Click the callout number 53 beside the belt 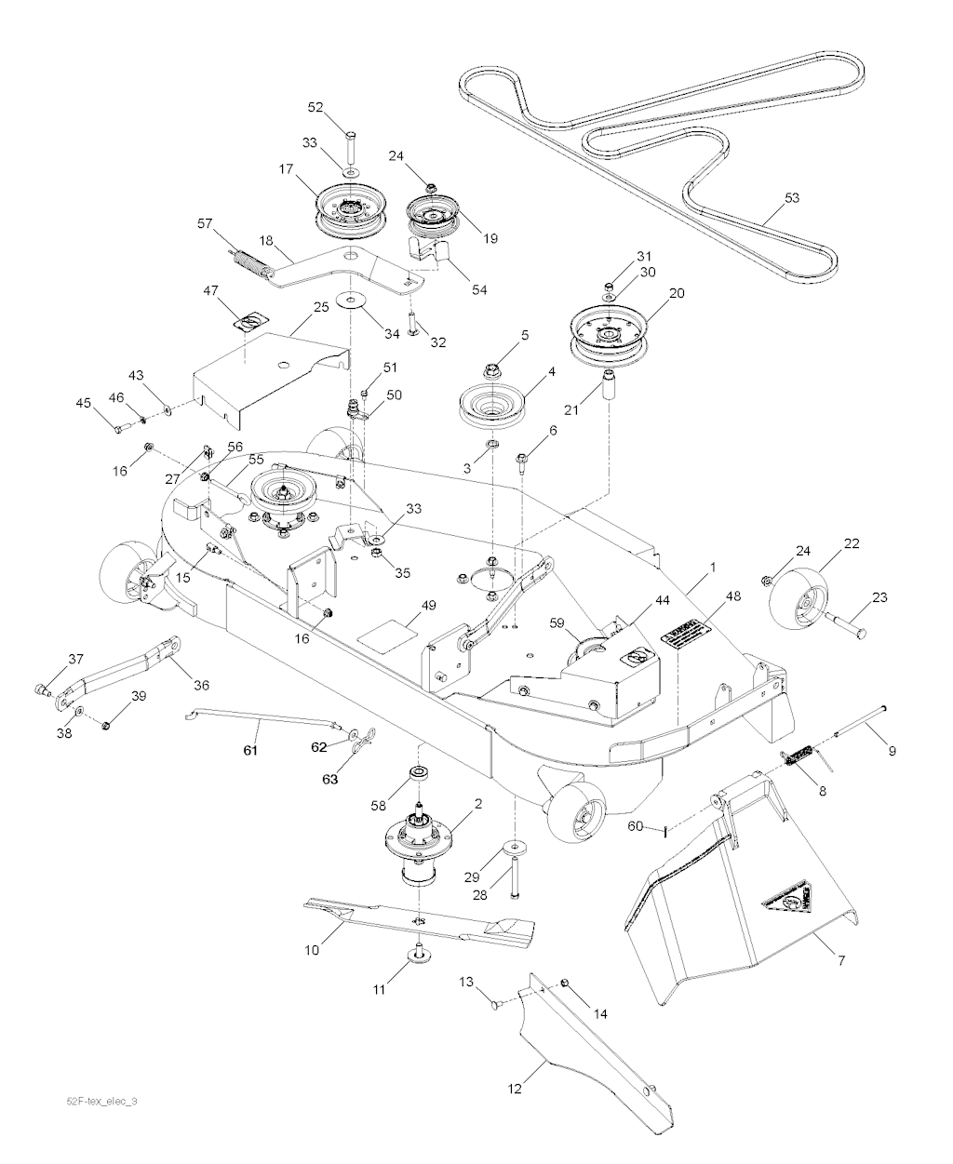[792, 198]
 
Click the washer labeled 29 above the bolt [513, 848]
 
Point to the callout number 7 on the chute [841, 959]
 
